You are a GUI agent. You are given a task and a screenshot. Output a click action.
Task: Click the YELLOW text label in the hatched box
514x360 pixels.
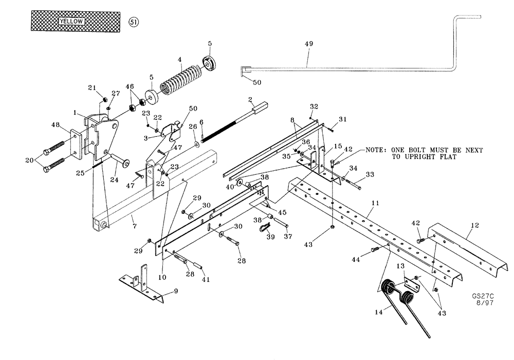tap(71, 22)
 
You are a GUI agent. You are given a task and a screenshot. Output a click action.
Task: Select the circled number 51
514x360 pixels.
tap(133, 22)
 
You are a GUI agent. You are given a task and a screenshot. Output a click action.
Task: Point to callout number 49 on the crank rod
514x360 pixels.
tap(308, 44)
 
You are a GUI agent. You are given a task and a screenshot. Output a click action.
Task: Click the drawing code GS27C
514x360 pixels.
tap(482, 297)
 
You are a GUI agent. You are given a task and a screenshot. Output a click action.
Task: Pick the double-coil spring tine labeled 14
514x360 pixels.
tap(398, 298)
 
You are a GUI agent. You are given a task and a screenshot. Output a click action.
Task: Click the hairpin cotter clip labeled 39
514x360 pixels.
tap(265, 229)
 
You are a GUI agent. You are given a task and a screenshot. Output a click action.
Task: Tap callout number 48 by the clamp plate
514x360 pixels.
tap(56, 124)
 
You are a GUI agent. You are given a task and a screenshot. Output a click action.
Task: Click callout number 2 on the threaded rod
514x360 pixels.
tap(249, 98)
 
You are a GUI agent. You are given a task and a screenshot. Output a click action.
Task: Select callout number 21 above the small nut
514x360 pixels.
tap(93, 88)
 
